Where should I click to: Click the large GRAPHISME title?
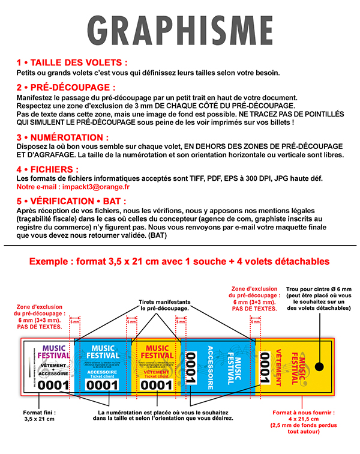tap(179, 30)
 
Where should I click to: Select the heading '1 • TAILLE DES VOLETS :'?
tap(72, 62)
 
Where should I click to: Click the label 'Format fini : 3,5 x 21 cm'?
tap(38, 415)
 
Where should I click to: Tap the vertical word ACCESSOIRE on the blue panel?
tap(211, 367)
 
